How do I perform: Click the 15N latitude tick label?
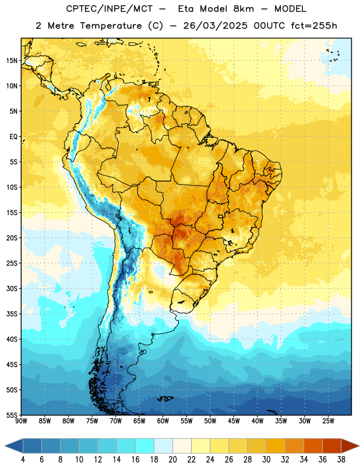coord(12,61)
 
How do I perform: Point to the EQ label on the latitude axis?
coord(13,137)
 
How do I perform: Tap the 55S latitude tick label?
coord(12,415)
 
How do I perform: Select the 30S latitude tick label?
coord(12,288)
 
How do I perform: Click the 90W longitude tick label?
coord(21,421)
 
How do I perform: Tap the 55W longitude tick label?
coord(186,421)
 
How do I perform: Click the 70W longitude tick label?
coord(116,421)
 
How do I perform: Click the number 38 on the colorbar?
coord(341,460)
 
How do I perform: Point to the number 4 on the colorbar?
coord(23,460)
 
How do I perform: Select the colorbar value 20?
coord(172,460)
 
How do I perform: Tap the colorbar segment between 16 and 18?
coord(145,446)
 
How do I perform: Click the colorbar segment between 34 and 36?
coord(313,446)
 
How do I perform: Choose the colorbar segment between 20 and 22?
coord(182,446)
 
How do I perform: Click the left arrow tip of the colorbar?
coord(5,446)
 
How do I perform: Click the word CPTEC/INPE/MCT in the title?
coord(110,9)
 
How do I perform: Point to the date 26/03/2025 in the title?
coord(215,26)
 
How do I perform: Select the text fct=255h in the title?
coord(314,26)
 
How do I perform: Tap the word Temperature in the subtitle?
coord(111,26)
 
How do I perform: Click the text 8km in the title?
coord(243,9)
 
